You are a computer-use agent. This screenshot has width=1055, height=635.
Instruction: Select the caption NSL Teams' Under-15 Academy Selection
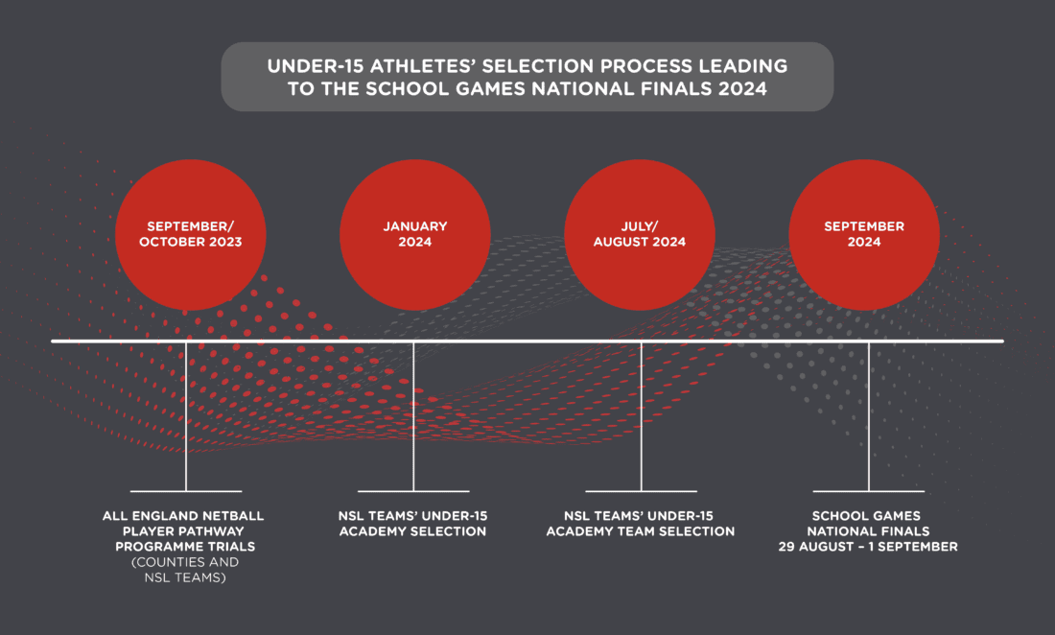[413, 524]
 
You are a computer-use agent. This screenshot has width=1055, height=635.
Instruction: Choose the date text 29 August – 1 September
[869, 547]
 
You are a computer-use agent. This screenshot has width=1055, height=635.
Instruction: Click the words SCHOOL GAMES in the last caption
[868, 516]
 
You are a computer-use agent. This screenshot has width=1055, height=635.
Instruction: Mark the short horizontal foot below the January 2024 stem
[413, 491]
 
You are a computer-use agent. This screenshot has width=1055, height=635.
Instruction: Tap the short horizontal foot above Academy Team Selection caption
[641, 491]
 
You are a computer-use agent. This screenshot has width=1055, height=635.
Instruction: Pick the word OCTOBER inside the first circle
[176, 242]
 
